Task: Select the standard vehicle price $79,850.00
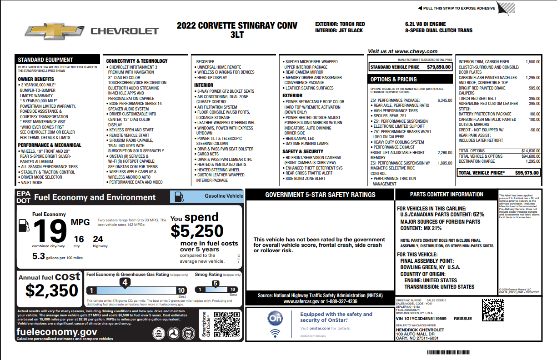[439, 67]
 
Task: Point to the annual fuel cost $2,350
[52, 290]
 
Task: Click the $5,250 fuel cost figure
[197, 231]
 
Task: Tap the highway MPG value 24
[98, 239]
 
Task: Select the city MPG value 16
[79, 239]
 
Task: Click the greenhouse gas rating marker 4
[125, 282]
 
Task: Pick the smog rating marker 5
[216, 283]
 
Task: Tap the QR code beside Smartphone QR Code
[226, 324]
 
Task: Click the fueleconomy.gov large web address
[56, 332]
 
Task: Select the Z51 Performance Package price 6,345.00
[445, 100]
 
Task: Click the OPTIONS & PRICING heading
[394, 79]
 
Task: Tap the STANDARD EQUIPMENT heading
[45, 60]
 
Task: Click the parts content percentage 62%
[478, 214]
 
